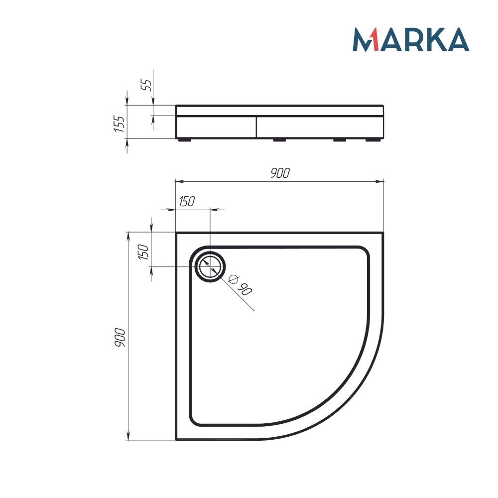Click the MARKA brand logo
point(411,40)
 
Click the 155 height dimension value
point(119,123)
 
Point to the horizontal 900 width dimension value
point(279,173)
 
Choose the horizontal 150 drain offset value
point(186,202)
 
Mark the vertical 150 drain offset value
point(143,253)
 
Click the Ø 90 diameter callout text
point(240,285)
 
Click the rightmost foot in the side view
point(372,140)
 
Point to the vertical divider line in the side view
point(256,127)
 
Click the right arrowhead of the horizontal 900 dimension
point(381,181)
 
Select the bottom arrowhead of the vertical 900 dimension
point(128,437)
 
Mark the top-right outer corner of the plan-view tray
point(383,232)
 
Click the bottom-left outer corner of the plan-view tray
point(176,440)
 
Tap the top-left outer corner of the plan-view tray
point(176,232)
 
